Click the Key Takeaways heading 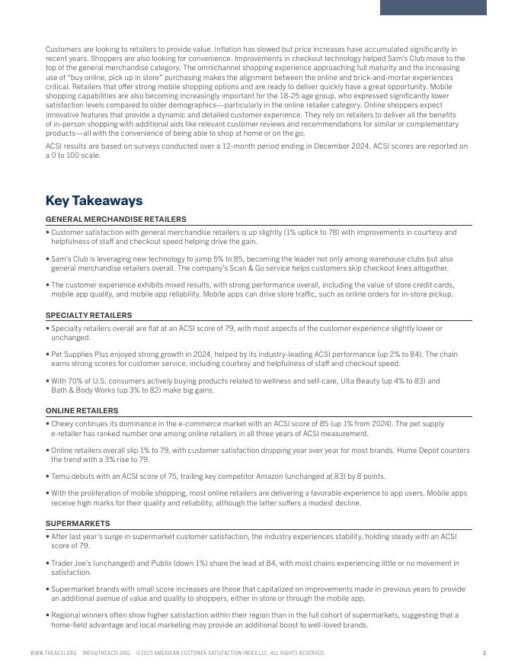tap(94, 201)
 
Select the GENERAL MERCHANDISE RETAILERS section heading tap(116, 220)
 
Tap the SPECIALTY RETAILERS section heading tap(88, 316)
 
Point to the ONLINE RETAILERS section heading tap(82, 411)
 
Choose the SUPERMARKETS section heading tap(78, 524)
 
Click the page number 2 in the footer tap(484, 653)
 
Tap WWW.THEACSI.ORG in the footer tap(53, 653)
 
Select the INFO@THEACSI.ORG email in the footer tap(106, 653)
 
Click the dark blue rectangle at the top tap(433, 7)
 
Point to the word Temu tap(61, 477)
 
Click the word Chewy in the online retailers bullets tap(62, 423)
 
